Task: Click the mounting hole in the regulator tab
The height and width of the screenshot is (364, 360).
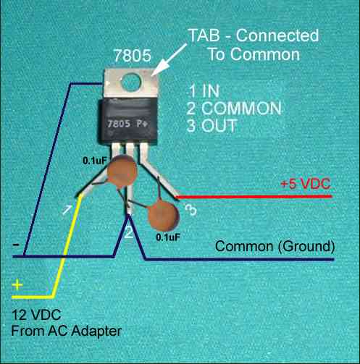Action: click(x=130, y=82)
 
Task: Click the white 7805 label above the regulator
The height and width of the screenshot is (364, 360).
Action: click(x=133, y=56)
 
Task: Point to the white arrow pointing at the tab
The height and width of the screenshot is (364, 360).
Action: click(x=169, y=59)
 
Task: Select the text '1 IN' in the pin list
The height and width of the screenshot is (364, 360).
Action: click(x=204, y=91)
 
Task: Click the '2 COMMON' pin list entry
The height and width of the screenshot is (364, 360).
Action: click(x=234, y=109)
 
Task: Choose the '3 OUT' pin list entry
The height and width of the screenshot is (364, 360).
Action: click(x=212, y=125)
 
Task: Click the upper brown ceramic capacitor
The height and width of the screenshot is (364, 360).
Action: click(x=122, y=171)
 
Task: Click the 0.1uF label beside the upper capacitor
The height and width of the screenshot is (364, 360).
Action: click(x=95, y=161)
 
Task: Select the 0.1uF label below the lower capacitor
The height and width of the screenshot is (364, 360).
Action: click(x=168, y=237)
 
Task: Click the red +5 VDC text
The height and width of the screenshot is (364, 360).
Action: click(x=306, y=184)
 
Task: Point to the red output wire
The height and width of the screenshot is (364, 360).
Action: click(x=254, y=197)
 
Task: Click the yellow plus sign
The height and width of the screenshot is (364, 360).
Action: click(x=17, y=284)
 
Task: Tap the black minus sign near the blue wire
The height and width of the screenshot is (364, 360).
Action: click(x=16, y=245)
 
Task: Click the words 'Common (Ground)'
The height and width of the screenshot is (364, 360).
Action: click(x=275, y=247)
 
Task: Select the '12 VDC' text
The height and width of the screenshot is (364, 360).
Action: click(x=36, y=315)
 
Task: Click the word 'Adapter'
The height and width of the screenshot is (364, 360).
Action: click(x=96, y=331)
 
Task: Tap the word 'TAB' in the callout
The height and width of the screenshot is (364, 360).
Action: click(x=204, y=35)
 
